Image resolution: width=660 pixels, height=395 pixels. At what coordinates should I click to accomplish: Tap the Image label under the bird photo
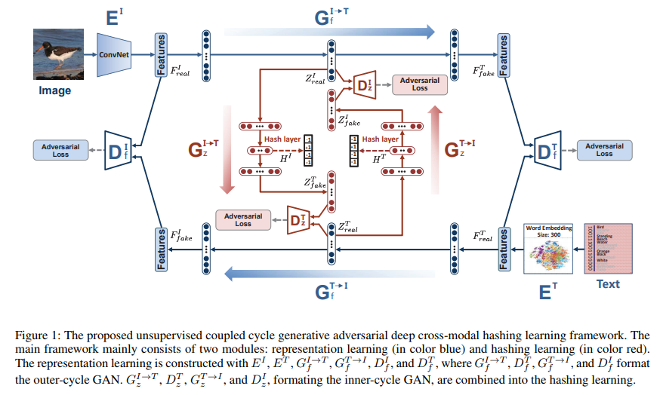coord(54,90)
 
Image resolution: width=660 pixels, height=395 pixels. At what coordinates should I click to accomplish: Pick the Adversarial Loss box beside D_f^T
coord(604,149)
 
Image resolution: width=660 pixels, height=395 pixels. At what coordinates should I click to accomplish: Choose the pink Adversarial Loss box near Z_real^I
coord(419,84)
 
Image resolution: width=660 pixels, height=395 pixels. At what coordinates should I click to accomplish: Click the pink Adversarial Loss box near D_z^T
coord(242,219)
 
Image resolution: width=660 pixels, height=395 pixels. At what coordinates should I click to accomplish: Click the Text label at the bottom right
coord(608,284)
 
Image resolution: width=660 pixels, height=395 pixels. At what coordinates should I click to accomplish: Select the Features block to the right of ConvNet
coord(160,54)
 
